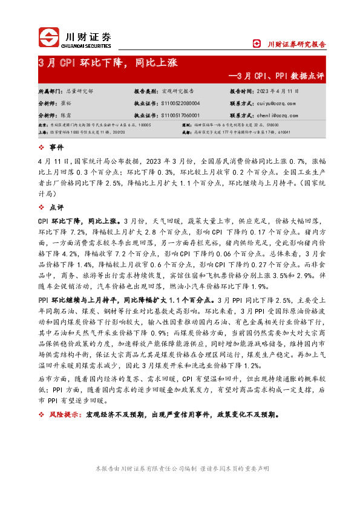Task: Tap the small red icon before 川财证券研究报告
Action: (257, 44)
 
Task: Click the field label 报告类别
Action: (145, 91)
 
